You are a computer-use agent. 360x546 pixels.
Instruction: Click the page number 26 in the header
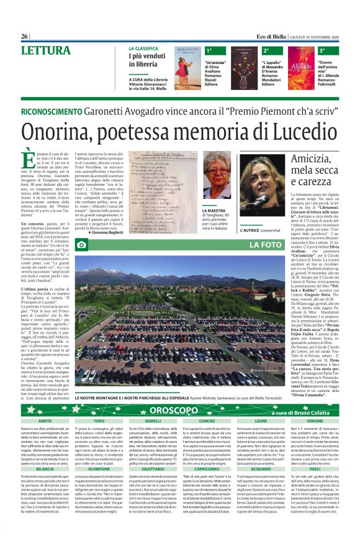pyautogui.click(x=25, y=37)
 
